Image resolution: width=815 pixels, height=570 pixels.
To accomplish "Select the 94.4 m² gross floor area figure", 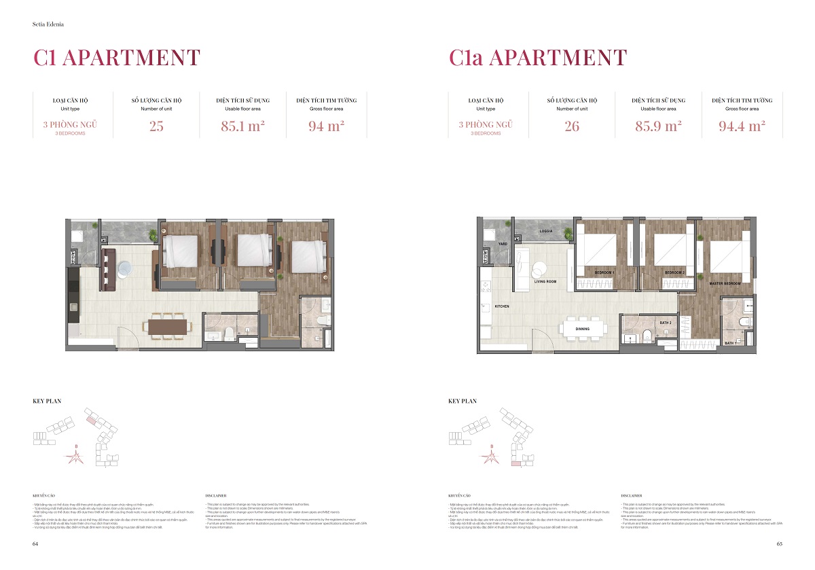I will (x=742, y=126).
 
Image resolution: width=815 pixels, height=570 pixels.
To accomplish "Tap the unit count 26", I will (x=572, y=126).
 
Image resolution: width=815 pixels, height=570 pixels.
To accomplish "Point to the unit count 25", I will (x=156, y=126).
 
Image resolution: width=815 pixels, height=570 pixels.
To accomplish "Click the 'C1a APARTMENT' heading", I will (x=538, y=58).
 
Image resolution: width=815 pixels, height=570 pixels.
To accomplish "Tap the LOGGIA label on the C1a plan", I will (x=546, y=231).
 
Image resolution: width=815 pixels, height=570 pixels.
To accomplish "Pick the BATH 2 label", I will (x=665, y=322).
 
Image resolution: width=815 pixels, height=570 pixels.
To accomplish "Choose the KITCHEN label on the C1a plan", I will (x=502, y=306).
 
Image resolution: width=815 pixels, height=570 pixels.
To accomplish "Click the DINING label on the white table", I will (x=582, y=329).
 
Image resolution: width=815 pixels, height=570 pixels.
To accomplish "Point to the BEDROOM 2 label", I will (x=674, y=272).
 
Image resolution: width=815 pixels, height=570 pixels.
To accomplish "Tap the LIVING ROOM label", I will (x=545, y=281).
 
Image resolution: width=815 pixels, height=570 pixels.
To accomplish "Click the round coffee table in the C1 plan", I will (x=126, y=269).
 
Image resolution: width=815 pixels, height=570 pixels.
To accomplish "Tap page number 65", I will (x=780, y=544).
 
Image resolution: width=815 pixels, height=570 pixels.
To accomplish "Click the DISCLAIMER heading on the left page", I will (x=215, y=496).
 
